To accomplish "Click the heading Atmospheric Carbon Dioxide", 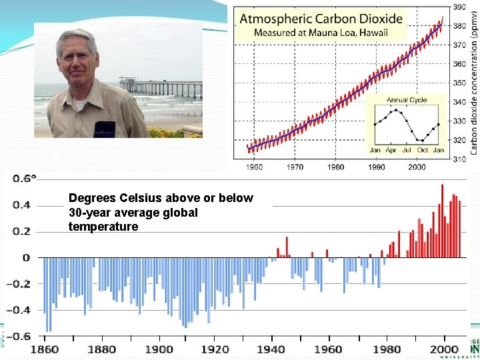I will [x=321, y=19].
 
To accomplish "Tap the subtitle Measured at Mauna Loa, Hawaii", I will [x=321, y=33].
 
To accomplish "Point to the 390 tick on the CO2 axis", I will [x=460, y=7].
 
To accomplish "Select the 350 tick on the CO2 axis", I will [x=460, y=83].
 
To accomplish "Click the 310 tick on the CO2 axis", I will [x=460, y=159].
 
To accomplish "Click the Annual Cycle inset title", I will [x=406, y=100].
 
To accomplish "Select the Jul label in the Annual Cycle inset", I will [x=407, y=150].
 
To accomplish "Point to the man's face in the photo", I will [x=78, y=60].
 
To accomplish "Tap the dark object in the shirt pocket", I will [x=104, y=129].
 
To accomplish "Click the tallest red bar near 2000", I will [x=442, y=221].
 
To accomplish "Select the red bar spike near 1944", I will [x=287, y=247].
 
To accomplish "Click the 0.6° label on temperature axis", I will [x=25, y=179].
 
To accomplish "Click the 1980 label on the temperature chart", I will [x=387, y=349].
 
